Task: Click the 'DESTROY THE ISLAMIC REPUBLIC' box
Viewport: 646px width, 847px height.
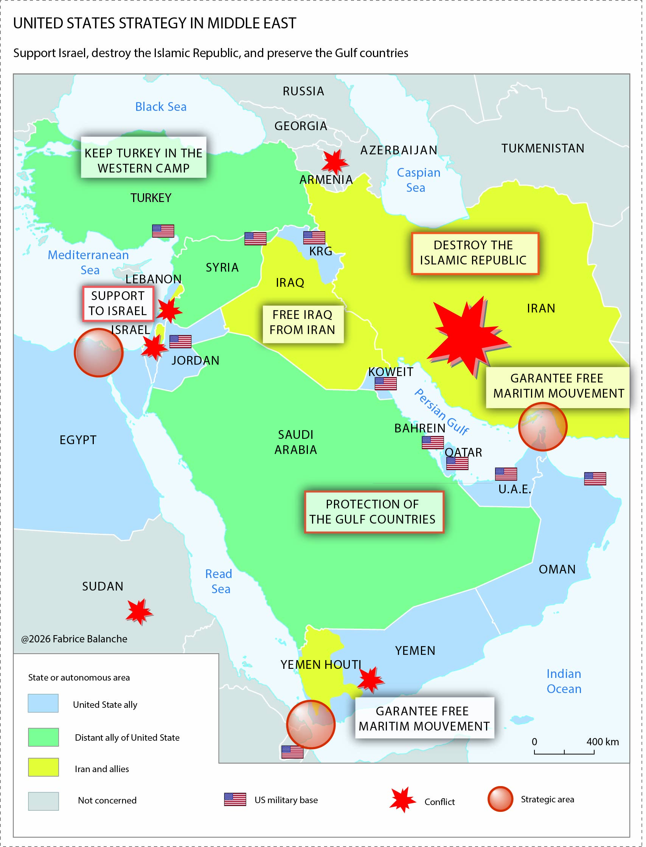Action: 475,253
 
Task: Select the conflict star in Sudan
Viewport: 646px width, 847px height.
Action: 139,611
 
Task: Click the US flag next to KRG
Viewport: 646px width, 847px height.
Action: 314,237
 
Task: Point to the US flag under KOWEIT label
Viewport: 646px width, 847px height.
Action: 385,383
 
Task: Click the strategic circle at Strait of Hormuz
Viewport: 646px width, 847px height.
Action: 543,427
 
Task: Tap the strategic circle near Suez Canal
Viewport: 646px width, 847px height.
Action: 98,352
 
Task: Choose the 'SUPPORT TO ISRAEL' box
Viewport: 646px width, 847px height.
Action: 118,303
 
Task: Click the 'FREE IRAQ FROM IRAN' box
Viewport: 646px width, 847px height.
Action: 303,322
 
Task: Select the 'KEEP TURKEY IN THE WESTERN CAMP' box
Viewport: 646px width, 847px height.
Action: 143,157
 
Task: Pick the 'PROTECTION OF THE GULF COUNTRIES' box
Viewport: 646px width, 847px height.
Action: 373,511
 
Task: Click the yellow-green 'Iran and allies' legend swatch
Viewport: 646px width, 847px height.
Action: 43,767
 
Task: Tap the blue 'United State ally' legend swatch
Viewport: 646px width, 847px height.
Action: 43,703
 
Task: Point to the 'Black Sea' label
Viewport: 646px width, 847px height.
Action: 161,107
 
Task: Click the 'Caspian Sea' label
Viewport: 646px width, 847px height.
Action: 418,180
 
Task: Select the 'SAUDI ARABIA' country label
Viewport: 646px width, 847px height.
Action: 296,441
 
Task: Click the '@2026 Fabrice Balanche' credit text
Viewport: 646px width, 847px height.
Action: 74,639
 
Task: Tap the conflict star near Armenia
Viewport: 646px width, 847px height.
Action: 334,162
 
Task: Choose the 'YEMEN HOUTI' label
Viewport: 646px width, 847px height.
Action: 320,664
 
